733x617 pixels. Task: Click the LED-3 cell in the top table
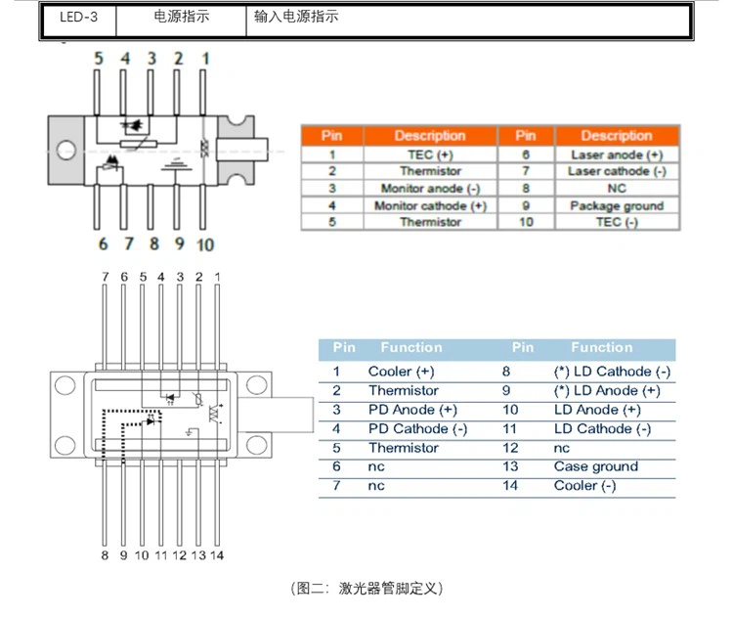pyautogui.click(x=78, y=17)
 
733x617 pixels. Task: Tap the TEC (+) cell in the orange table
pyautogui.click(x=429, y=154)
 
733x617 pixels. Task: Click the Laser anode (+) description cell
pyautogui.click(x=616, y=154)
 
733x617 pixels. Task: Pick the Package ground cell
pyautogui.click(x=616, y=205)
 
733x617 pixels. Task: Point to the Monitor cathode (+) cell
pyautogui.click(x=429, y=205)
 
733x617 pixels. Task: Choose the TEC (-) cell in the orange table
pyautogui.click(x=616, y=222)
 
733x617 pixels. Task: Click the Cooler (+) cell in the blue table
pyautogui.click(x=401, y=372)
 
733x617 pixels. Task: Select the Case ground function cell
pyautogui.click(x=595, y=466)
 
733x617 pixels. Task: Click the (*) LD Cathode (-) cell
pyautogui.click(x=612, y=372)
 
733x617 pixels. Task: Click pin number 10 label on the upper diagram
pyautogui.click(x=204, y=244)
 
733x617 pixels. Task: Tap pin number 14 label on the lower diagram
pyautogui.click(x=217, y=555)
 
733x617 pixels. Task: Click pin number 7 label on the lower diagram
pyautogui.click(x=106, y=278)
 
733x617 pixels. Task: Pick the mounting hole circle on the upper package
pyautogui.click(x=66, y=152)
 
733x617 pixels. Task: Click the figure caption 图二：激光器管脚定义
pyautogui.click(x=366, y=588)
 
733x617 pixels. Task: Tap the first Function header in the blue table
pyautogui.click(x=411, y=347)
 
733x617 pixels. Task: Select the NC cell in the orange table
pyautogui.click(x=616, y=188)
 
